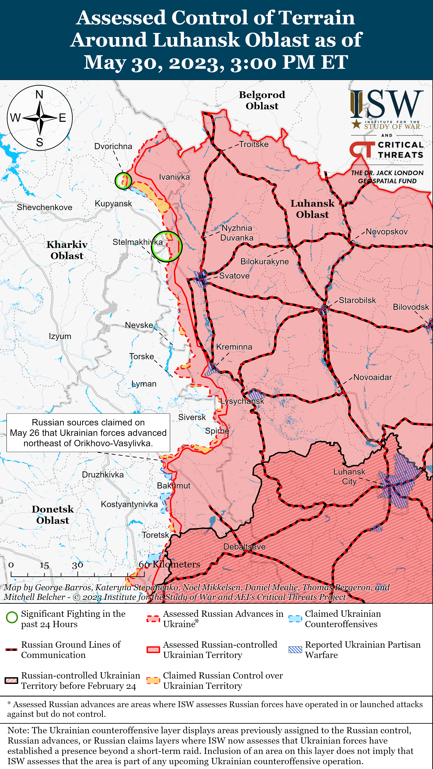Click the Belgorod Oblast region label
262,100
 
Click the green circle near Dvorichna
123,181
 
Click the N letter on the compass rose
39,95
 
